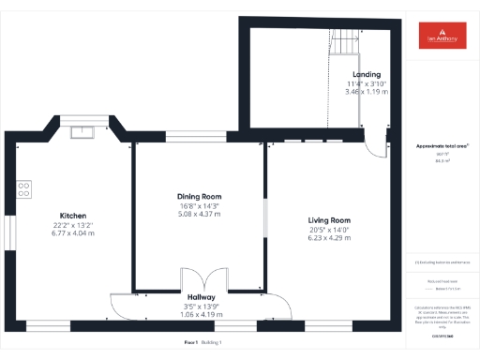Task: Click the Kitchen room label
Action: pyautogui.click(x=73, y=216)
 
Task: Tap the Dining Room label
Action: pyautogui.click(x=199, y=197)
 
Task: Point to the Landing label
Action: pyautogui.click(x=366, y=74)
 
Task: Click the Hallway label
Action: pyautogui.click(x=202, y=296)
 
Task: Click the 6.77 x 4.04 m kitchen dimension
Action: pyautogui.click(x=73, y=233)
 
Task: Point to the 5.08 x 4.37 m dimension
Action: pyautogui.click(x=199, y=214)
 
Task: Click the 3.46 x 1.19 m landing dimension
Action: pyautogui.click(x=366, y=92)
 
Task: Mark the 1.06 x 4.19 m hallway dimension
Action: pyautogui.click(x=202, y=314)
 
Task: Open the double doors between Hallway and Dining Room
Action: pyautogui.click(x=203, y=279)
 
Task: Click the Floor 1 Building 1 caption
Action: pyautogui.click(x=203, y=342)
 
